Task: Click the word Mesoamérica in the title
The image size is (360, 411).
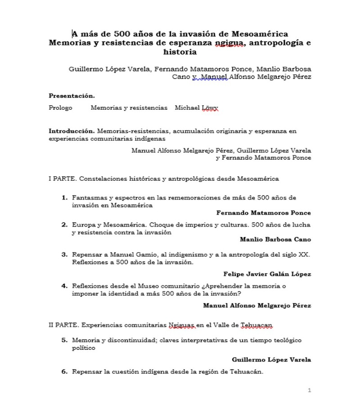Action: (x=260, y=34)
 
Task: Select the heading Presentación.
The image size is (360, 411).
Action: (x=72, y=95)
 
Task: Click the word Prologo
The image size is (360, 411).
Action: (x=60, y=108)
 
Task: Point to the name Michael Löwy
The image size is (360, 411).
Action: (x=196, y=108)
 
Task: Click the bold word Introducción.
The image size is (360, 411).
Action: (x=72, y=131)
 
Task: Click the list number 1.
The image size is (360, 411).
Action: (x=64, y=197)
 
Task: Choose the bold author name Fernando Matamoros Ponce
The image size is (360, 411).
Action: (x=263, y=213)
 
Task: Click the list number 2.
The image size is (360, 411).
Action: (x=64, y=224)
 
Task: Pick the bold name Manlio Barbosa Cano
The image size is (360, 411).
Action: (x=275, y=239)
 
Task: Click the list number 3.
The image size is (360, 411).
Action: (x=64, y=255)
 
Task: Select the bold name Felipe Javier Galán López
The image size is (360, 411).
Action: (x=267, y=273)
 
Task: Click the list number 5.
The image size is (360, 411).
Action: (x=64, y=340)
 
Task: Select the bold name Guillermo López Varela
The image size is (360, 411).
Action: (x=271, y=360)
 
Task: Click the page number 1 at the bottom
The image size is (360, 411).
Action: (x=309, y=390)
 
